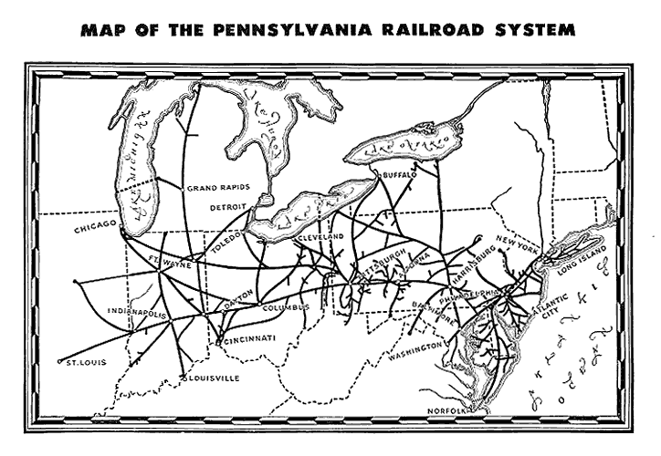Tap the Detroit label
tap(228, 206)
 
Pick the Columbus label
tap(287, 307)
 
